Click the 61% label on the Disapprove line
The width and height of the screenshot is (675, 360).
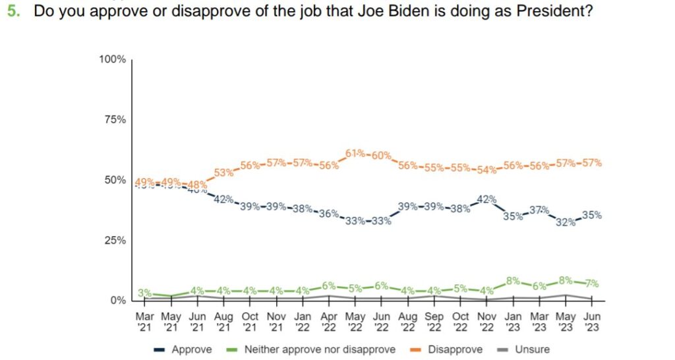[355, 154]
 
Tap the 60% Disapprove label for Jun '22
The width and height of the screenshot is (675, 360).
[381, 156]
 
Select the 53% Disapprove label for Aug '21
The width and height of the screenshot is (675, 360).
[224, 173]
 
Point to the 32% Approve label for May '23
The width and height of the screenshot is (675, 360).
[566, 222]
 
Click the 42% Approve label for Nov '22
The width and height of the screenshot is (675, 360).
[487, 199]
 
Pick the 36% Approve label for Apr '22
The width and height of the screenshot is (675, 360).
[329, 214]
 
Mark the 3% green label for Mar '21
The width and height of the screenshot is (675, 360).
[145, 293]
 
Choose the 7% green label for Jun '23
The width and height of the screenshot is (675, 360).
[591, 284]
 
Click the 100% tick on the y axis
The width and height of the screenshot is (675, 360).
[112, 60]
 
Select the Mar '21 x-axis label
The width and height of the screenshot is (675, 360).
[145, 320]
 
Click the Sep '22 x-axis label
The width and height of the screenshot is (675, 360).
[434, 320]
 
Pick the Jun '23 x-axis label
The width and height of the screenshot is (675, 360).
[592, 320]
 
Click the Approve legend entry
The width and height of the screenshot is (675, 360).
[187, 349]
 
